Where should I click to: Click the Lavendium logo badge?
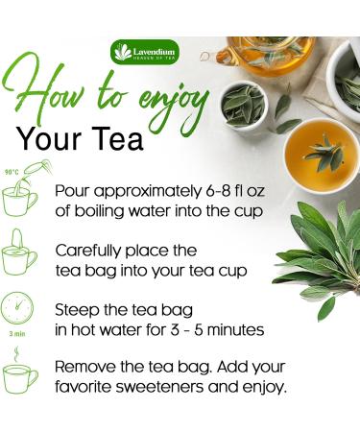tap(145, 52)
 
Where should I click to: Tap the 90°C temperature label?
tap(12, 172)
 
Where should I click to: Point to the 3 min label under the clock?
tap(17, 334)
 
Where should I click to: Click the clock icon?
tap(17, 307)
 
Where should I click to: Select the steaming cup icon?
tap(20, 372)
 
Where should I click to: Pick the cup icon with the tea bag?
tap(19, 252)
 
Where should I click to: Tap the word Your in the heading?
tap(49, 139)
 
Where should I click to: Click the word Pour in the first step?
tap(72, 191)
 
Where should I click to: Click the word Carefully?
tap(89, 251)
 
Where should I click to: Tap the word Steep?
tap(75, 310)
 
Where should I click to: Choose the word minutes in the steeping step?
tap(236, 330)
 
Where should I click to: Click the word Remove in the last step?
tap(85, 367)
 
